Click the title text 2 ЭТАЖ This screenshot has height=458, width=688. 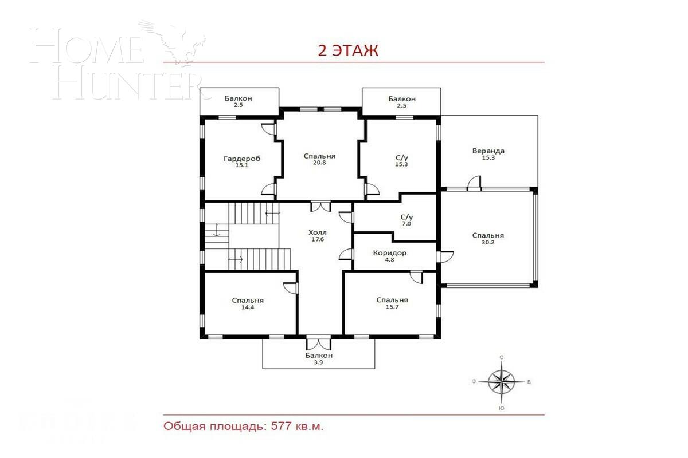click(348, 50)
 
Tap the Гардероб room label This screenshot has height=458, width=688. click(242, 159)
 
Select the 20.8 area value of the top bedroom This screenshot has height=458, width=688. click(319, 163)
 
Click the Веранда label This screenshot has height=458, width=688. click(488, 151)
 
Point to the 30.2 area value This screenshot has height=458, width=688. click(488, 243)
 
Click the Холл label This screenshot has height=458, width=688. click(317, 232)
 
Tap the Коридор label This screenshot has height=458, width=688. click(389, 252)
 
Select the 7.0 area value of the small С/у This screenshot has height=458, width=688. click(406, 224)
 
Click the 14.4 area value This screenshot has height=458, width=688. click(248, 308)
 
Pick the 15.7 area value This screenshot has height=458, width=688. click(392, 308)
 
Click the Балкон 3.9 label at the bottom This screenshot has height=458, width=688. click(318, 359)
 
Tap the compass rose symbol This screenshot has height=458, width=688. click(502, 381)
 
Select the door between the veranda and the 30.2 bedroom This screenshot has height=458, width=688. click(474, 184)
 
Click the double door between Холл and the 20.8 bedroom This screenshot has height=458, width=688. click(319, 206)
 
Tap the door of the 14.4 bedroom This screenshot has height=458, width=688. click(291, 287)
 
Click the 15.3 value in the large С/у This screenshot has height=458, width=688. click(401, 164)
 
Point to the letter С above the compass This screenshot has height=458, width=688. click(502, 357)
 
